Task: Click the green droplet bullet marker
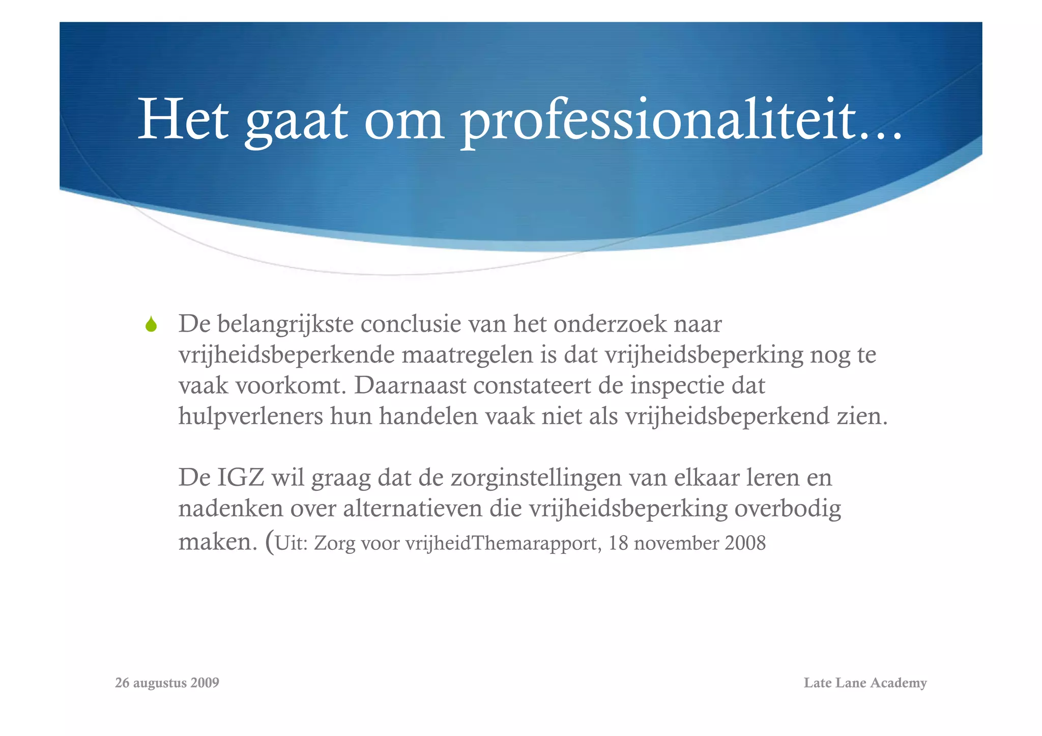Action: tap(151, 324)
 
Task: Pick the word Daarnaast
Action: tap(410, 385)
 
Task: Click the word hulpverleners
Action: tap(251, 416)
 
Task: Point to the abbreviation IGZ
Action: tap(241, 478)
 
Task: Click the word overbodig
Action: tap(788, 508)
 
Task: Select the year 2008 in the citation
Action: tap(745, 543)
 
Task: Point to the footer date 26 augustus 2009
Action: tap(167, 683)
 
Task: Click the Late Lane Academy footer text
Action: tap(865, 683)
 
